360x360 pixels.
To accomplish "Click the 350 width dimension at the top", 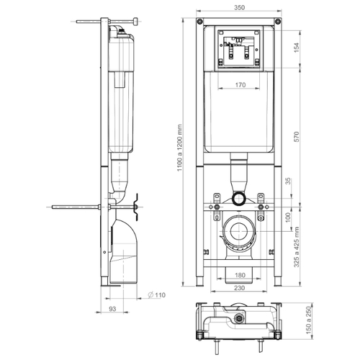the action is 239,7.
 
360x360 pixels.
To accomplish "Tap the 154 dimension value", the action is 297,48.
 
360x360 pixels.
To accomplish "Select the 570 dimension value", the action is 297,137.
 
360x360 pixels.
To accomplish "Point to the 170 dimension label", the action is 240,85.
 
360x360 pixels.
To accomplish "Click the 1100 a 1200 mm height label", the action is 180,148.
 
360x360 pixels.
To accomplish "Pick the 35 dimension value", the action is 288,181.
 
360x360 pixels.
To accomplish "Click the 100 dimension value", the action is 288,217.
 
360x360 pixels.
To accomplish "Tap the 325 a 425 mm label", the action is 297,247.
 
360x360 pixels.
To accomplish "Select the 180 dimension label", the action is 240,275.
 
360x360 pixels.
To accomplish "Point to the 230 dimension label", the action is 239,288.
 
